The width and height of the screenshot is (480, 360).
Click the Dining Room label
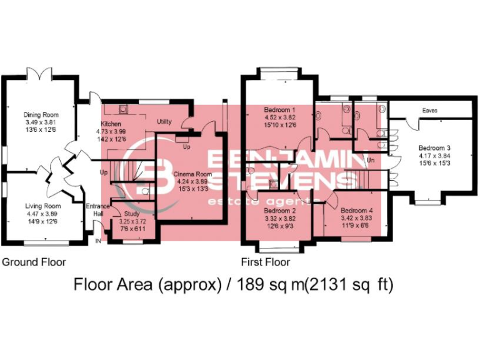[41, 114]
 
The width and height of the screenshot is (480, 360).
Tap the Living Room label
[42, 206]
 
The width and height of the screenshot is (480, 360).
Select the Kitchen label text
[111, 124]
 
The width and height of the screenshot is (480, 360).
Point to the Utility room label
[164, 121]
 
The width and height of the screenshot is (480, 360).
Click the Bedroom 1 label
[279, 110]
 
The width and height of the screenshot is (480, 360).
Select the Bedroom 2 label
[279, 211]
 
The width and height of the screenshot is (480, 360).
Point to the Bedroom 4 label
[357, 211]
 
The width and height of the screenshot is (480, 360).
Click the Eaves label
[429, 111]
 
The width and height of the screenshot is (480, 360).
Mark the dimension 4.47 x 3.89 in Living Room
[42, 213]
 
